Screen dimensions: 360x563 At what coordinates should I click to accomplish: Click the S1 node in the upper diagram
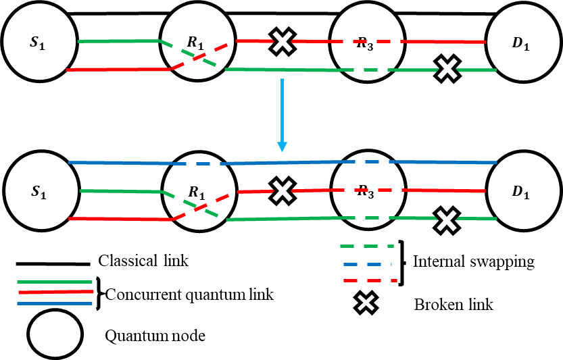point(39,42)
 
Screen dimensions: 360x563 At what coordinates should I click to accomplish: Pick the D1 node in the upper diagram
point(521,43)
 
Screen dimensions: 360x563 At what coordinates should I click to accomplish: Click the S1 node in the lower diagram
point(40,191)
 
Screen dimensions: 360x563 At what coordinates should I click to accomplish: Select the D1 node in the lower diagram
point(522,192)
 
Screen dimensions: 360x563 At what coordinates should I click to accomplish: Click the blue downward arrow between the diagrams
point(282,115)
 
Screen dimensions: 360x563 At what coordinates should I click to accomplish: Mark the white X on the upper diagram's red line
point(282,42)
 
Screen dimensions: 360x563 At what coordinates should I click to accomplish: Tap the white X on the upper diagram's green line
point(447,68)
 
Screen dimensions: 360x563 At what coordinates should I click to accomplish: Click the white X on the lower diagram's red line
point(282,191)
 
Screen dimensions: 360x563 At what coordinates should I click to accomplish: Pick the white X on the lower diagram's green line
point(447,219)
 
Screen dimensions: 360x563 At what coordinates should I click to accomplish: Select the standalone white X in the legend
point(366,303)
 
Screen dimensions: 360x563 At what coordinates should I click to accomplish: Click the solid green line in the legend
point(54,282)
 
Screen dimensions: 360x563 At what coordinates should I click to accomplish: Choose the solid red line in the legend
point(55,292)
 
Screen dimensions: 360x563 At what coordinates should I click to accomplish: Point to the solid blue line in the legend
point(54,303)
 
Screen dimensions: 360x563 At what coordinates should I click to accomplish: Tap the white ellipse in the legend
point(55,334)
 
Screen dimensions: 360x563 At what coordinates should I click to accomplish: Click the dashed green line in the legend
point(366,247)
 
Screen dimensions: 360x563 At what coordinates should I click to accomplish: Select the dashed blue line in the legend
point(367,264)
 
